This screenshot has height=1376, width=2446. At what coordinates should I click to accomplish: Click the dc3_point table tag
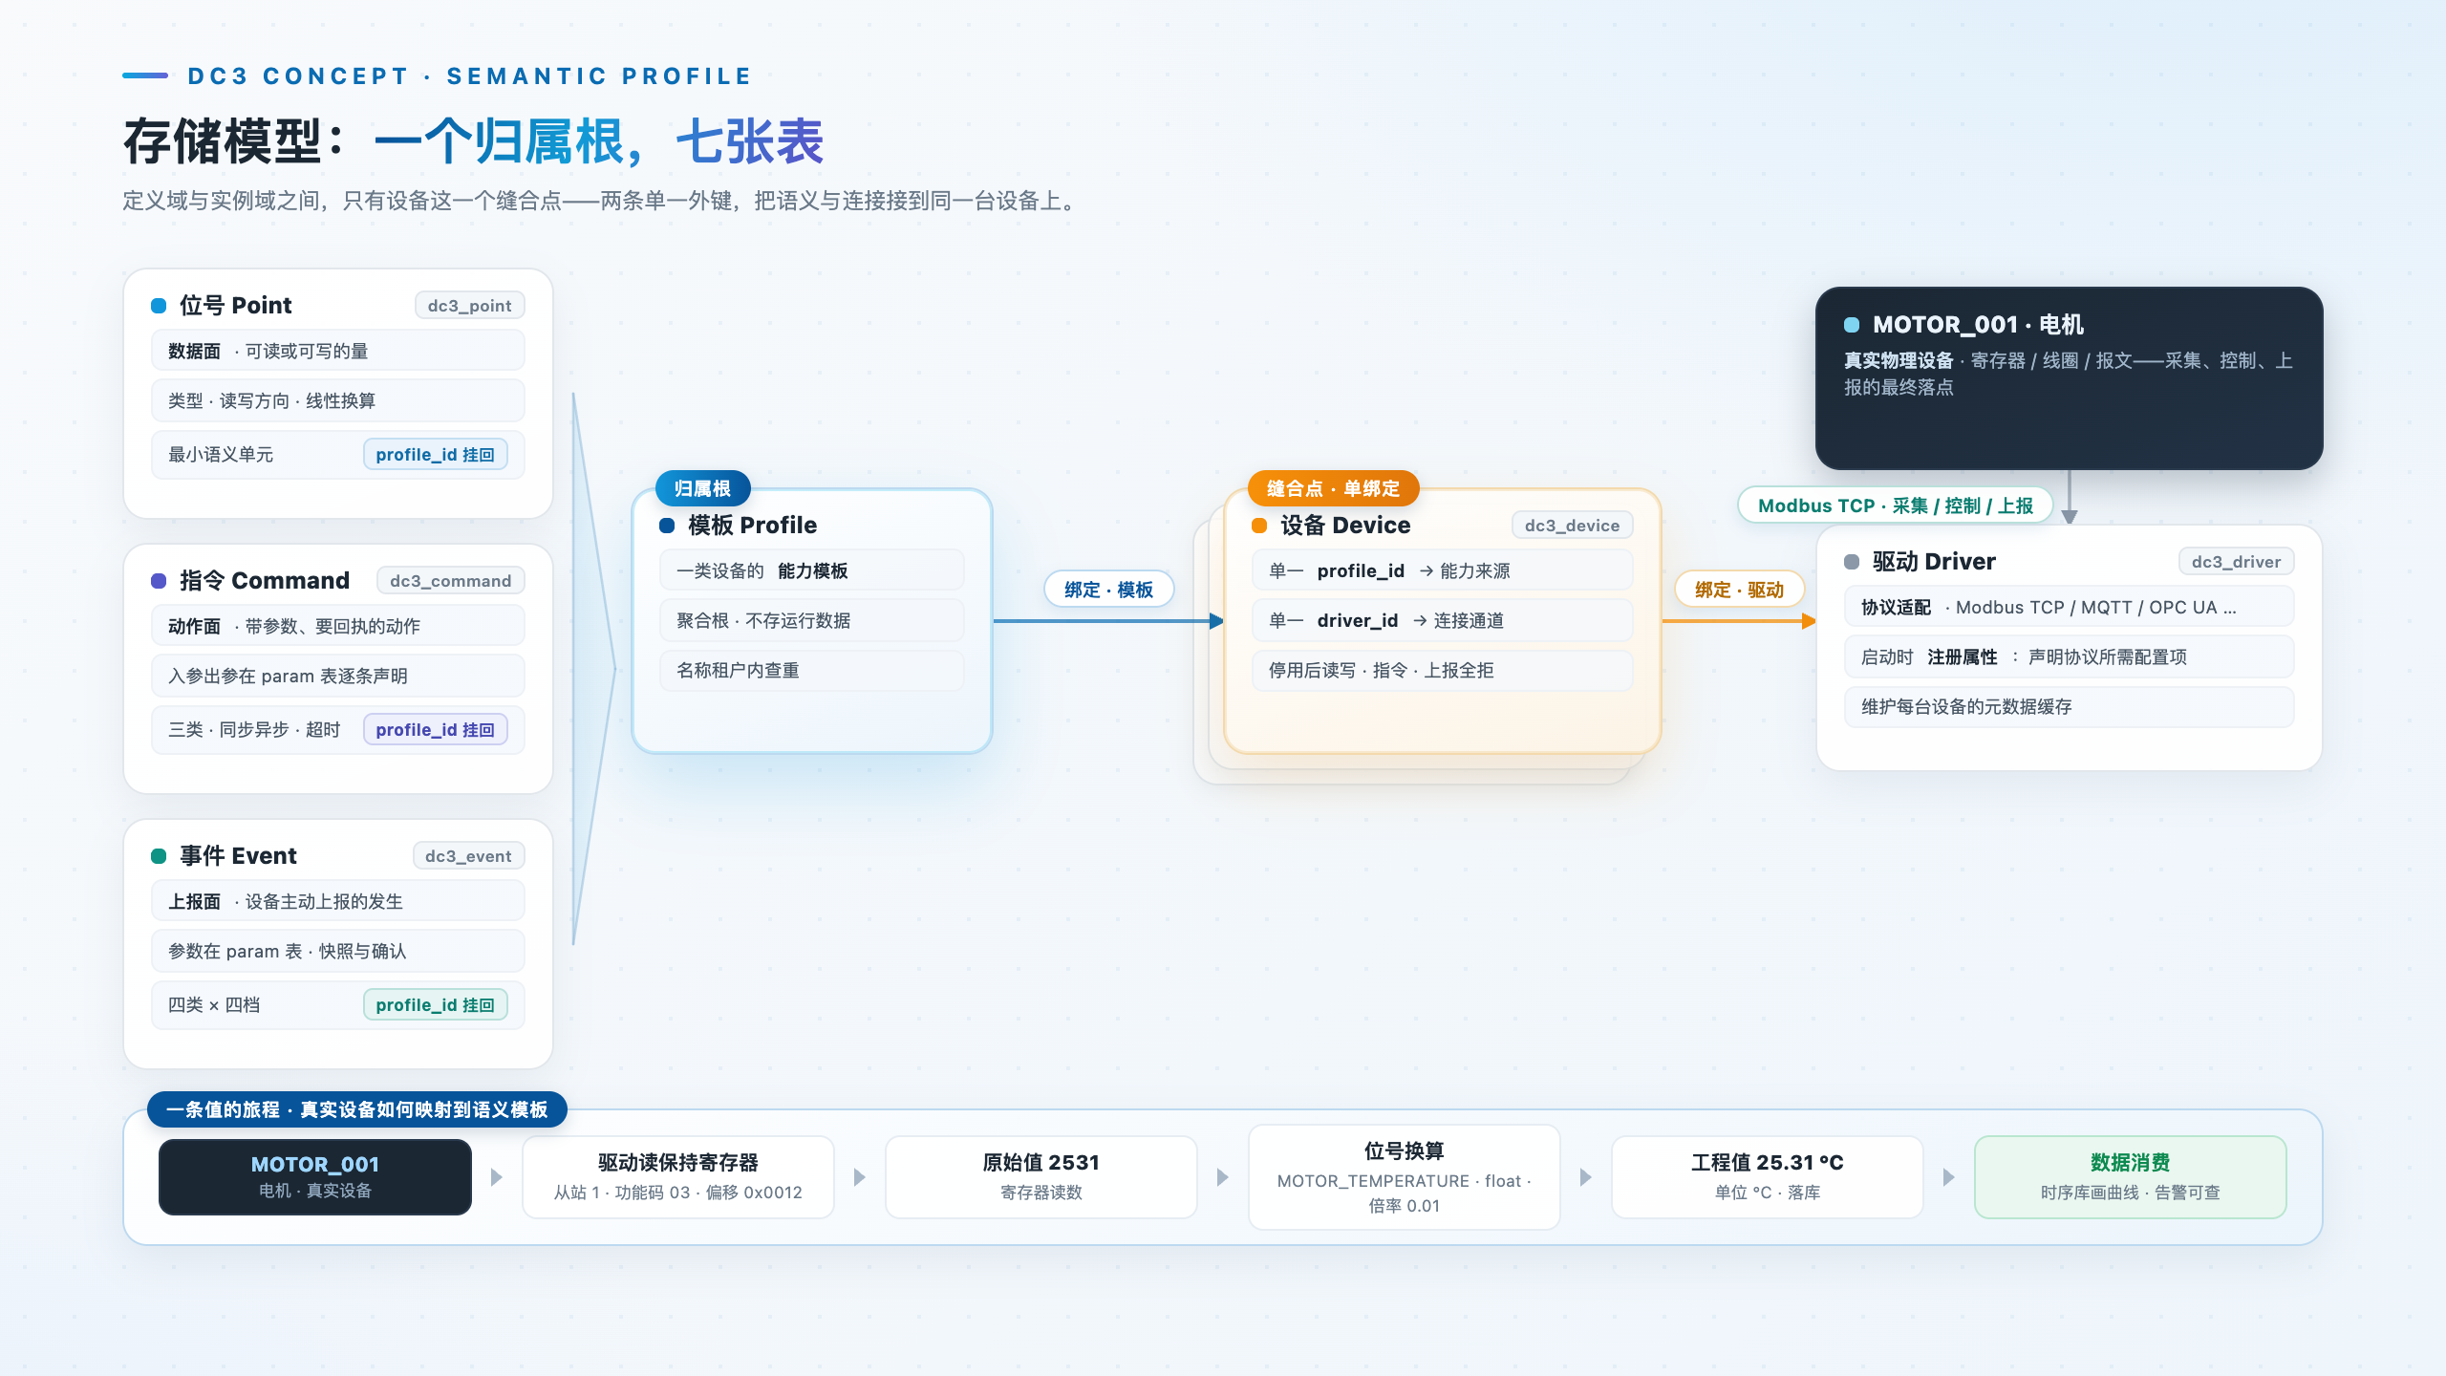tap(469, 306)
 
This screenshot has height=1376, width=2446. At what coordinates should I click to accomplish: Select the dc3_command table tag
tap(450, 581)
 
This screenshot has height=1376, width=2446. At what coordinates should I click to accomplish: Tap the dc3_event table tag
tap(468, 856)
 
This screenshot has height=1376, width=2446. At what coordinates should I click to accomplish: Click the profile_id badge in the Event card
tap(435, 1005)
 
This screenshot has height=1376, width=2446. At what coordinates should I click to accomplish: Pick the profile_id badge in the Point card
tap(435, 455)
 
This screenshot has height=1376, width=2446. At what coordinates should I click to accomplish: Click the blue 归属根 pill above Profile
tap(702, 488)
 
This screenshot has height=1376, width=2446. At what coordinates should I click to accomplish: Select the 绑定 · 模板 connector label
tap(1108, 590)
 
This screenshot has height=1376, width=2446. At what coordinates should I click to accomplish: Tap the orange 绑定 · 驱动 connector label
tap(1739, 590)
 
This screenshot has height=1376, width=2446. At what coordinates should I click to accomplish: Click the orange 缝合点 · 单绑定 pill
tap(1333, 488)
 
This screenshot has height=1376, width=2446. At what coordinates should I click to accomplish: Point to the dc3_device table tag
tap(1572, 526)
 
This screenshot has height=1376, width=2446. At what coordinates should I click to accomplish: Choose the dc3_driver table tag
tap(2236, 562)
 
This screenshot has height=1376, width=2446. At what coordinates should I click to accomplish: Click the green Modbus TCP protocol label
tap(1895, 505)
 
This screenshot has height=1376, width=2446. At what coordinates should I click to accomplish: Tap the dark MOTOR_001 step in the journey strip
tap(315, 1177)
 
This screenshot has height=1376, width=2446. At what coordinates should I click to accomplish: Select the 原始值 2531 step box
tap(1041, 1177)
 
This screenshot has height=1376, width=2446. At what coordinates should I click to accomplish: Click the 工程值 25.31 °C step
tap(1768, 1177)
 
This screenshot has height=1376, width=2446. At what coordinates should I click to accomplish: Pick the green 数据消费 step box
tap(2131, 1177)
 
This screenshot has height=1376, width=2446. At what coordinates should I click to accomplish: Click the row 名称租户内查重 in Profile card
tap(812, 671)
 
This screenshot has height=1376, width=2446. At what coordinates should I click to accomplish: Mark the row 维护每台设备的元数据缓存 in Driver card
tap(2070, 707)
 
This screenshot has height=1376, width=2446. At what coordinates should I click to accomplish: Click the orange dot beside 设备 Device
tap(1259, 526)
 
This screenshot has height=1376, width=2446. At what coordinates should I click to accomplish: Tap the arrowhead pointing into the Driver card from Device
tap(1808, 621)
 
